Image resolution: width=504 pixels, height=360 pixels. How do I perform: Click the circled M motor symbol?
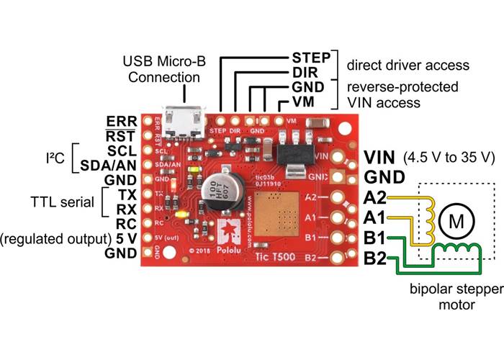[x=456, y=220]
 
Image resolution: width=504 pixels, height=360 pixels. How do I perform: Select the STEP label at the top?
[x=310, y=57]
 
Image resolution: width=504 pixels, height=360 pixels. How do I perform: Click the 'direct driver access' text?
[x=408, y=65]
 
